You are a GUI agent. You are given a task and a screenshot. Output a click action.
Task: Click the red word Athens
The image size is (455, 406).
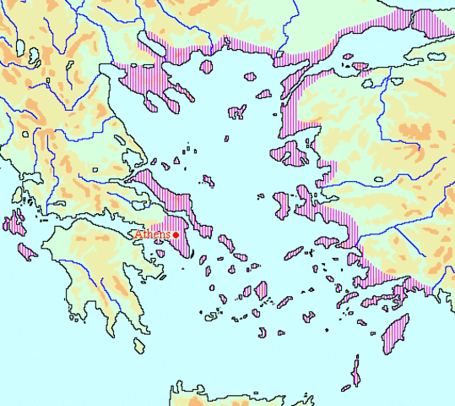pyautogui.click(x=152, y=234)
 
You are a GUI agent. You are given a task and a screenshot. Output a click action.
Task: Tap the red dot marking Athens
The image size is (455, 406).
pyautogui.click(x=175, y=235)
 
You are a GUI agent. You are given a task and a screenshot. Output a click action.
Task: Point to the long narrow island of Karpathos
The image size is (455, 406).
pyautogui.click(x=356, y=371)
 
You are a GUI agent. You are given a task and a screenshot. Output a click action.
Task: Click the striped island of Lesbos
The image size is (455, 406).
pyautogui.click(x=293, y=155)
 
